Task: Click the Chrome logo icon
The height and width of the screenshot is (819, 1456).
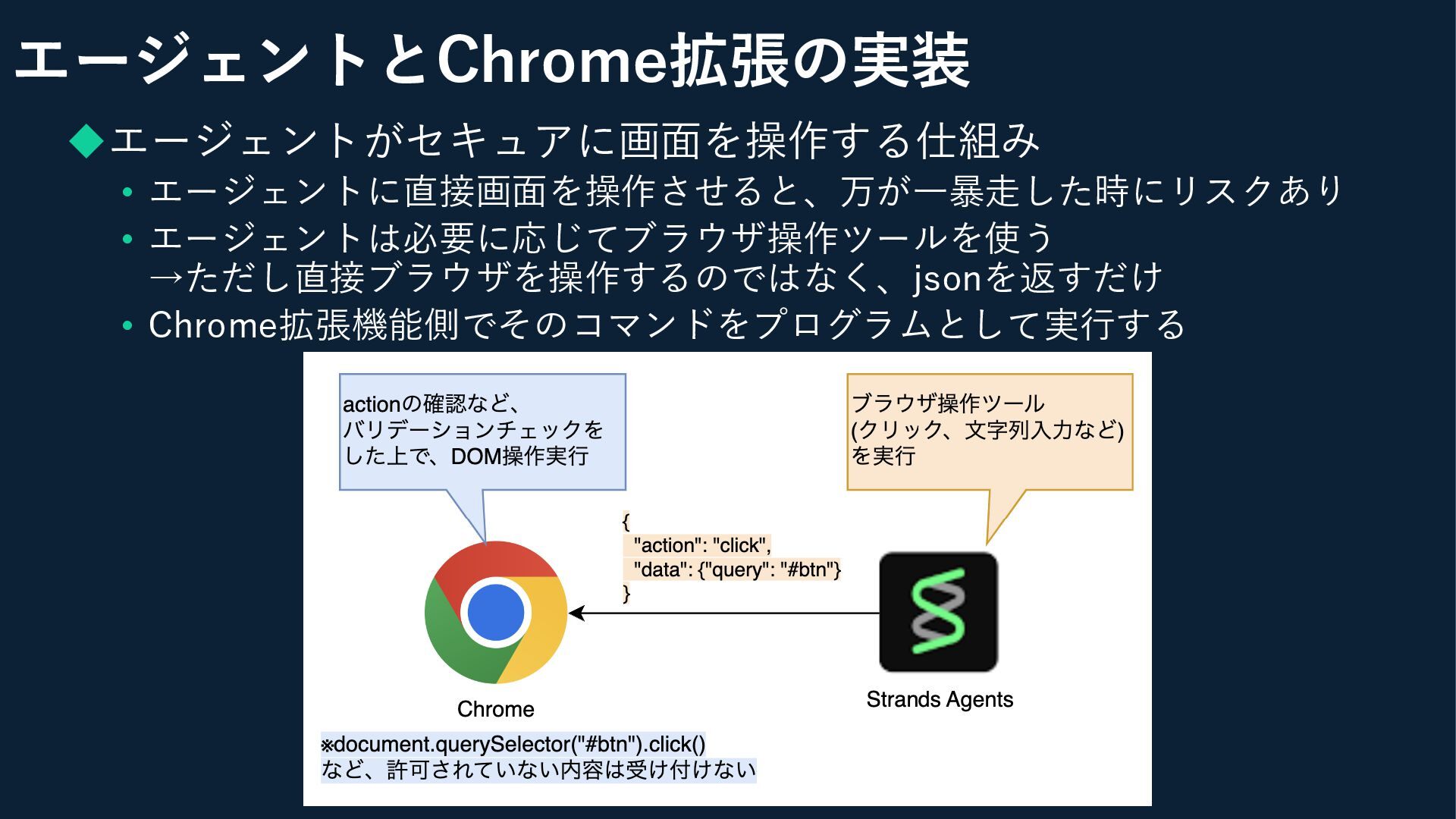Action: pos(496,612)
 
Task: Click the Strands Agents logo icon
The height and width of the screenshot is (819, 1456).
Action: pos(938,612)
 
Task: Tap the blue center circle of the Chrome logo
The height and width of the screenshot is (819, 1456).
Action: pos(496,613)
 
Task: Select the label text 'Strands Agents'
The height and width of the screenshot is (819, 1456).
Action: pos(940,699)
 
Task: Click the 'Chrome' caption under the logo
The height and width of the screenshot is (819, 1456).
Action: pos(496,709)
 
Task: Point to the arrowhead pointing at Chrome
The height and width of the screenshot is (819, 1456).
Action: pos(576,613)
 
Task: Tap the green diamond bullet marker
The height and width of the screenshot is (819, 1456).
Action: pos(86,140)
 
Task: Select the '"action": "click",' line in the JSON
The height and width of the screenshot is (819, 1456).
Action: pos(702,545)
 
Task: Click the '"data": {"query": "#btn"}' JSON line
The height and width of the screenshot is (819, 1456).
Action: pos(737,570)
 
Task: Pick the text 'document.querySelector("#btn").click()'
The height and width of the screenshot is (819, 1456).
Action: pos(519,744)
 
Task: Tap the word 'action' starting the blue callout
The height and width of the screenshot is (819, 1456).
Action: pos(371,404)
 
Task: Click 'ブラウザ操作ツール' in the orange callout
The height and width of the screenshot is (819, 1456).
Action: pos(947,403)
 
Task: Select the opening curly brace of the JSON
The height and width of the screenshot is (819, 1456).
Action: pos(626,521)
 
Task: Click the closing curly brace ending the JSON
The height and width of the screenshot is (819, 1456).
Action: pos(626,593)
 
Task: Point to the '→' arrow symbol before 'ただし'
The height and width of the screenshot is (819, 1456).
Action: pos(166,278)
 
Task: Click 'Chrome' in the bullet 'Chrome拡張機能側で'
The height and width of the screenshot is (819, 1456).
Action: pos(213,325)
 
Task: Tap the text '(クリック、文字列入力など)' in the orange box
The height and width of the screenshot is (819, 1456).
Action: pos(987,429)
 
